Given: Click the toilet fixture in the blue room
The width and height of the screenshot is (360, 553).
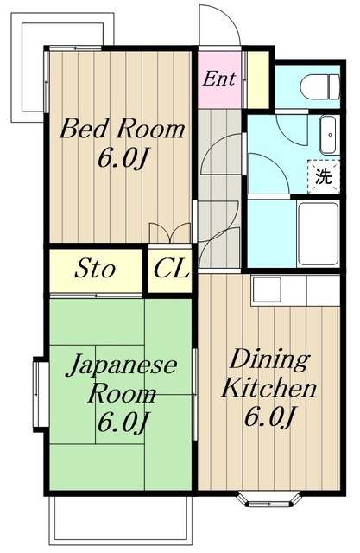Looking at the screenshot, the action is [319, 86].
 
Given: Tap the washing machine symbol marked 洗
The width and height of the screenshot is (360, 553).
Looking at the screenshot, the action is [324, 176].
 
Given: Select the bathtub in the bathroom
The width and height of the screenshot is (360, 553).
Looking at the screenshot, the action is [318, 233].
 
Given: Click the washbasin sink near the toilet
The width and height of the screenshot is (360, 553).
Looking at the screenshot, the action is [328, 135].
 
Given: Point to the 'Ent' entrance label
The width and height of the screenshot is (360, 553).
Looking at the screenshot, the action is [218, 79].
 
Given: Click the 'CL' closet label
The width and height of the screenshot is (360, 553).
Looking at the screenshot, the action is [171, 269].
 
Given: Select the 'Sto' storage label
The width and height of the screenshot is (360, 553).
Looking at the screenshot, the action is [94, 269].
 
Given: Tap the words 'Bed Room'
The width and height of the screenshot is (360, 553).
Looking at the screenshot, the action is [122, 129].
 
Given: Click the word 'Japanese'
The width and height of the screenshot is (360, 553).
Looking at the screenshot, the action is [122, 365].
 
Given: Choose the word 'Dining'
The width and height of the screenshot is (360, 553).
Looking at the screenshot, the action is [269, 360].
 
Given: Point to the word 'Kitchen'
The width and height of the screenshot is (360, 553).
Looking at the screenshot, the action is [268, 388].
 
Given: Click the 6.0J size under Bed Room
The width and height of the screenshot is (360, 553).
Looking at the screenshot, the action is [122, 158].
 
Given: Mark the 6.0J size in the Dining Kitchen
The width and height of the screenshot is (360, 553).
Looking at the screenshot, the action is [268, 416].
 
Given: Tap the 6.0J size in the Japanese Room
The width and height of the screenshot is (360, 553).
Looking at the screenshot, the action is [122, 422].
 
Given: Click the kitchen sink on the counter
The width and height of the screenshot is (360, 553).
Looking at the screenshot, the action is [267, 289].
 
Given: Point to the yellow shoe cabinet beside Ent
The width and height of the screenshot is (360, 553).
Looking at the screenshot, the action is [257, 79].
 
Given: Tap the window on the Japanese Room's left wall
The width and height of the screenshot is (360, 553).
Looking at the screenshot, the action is [41, 394].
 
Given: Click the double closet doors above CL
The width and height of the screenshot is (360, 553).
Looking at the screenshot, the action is [170, 232].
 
